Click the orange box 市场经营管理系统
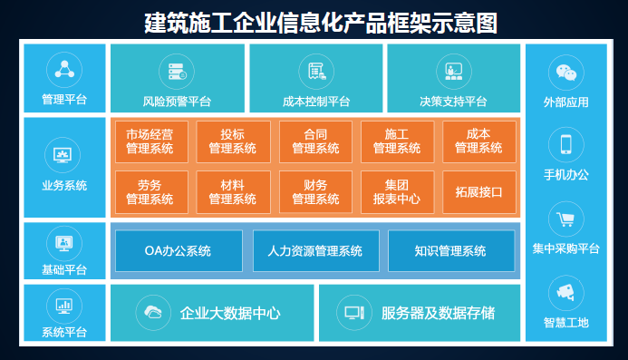pos(150,141)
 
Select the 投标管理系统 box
pos(232,141)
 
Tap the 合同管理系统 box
pos(315,141)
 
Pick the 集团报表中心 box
pos(397,191)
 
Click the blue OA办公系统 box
pos(178,250)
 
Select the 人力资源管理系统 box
pos(314,250)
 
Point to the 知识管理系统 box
pos(449,250)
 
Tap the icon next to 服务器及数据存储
pos(353,314)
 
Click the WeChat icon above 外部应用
pos(566,72)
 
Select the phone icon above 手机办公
pos(566,143)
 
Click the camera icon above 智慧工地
pos(566,292)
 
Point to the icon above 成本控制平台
pos(315,71)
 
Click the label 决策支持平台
pos(453,102)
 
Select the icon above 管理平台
pos(65,68)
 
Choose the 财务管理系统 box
pos(315,191)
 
